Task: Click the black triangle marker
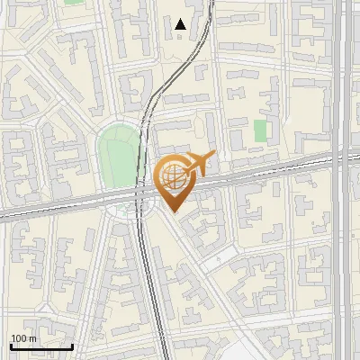click(181, 24)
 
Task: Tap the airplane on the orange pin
click(195, 165)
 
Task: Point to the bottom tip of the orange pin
click(173, 212)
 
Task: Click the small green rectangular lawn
click(261, 130)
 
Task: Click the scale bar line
click(41, 346)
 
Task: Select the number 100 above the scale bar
click(18, 337)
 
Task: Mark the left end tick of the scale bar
click(11, 345)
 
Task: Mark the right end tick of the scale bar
click(72, 345)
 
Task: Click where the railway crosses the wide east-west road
click(141, 192)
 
